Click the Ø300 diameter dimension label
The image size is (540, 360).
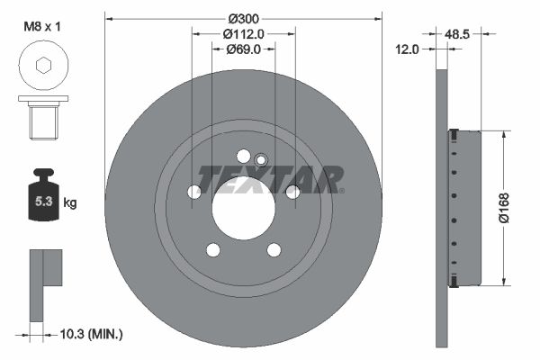[x=244, y=19]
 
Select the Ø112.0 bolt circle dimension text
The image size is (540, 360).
[x=244, y=34]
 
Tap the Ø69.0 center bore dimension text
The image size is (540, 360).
[x=244, y=49]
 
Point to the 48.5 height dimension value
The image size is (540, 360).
[x=457, y=34]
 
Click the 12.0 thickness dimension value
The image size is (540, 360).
[x=407, y=49]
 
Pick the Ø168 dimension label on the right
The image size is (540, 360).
[x=504, y=208]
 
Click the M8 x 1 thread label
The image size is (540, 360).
[x=42, y=26]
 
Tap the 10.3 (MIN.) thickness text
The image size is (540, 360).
[x=91, y=334]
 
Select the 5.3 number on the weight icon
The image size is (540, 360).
[x=44, y=202]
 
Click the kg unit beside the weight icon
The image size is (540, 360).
[x=70, y=202]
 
